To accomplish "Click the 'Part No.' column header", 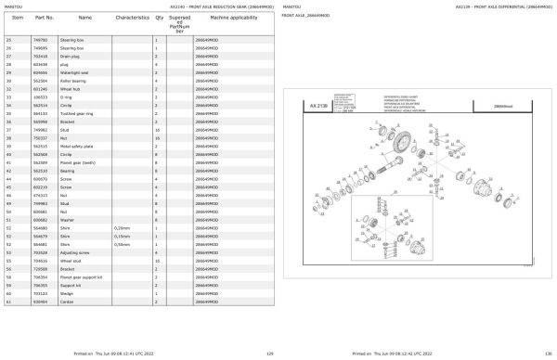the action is [44, 18].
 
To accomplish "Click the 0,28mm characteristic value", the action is [121, 226].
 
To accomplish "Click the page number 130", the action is [549, 354].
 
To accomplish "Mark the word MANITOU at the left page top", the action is [15, 4].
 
